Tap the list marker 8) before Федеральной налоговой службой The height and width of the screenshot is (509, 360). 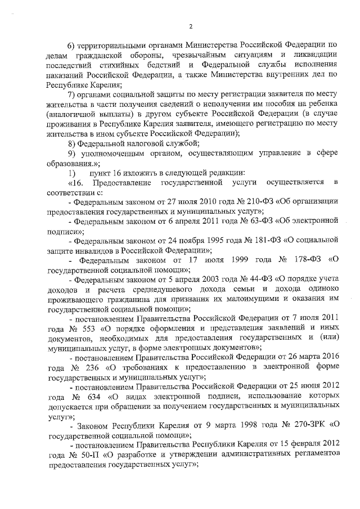[70, 144]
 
